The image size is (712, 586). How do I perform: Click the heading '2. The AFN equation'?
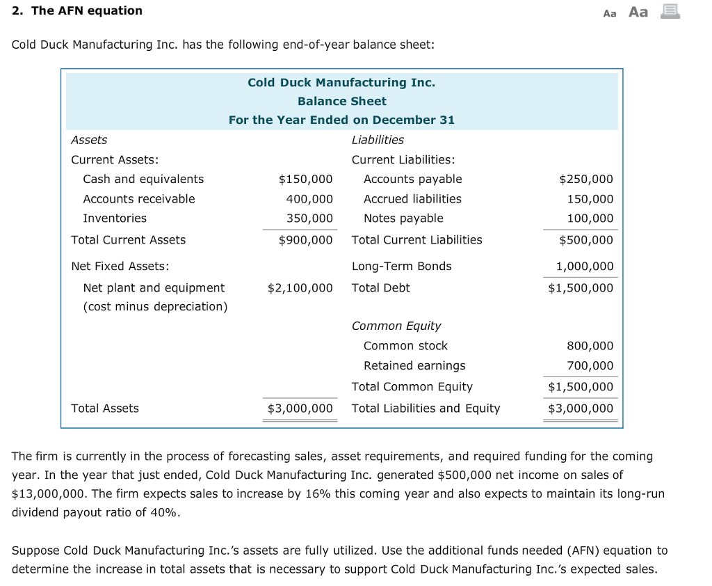[77, 11]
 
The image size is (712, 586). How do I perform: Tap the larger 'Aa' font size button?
[638, 12]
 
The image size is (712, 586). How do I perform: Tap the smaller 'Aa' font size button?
[610, 13]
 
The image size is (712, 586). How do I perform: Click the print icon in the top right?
[670, 11]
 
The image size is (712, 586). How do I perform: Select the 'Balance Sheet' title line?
[341, 101]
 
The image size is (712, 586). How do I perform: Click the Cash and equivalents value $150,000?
[305, 180]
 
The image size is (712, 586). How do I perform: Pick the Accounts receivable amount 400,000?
[309, 199]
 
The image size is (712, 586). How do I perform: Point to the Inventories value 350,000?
[309, 219]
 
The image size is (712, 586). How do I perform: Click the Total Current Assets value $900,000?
[305, 240]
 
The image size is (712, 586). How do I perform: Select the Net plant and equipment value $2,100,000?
[300, 288]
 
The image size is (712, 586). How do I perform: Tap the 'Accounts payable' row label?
[412, 180]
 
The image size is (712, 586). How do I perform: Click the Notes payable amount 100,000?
[590, 219]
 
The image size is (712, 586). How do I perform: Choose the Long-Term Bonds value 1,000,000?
[585, 267]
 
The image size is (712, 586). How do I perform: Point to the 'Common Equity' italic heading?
[396, 326]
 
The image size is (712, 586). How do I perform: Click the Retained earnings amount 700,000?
[590, 366]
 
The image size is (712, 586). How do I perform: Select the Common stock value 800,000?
[590, 346]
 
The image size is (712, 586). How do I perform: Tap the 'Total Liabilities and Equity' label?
[426, 409]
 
